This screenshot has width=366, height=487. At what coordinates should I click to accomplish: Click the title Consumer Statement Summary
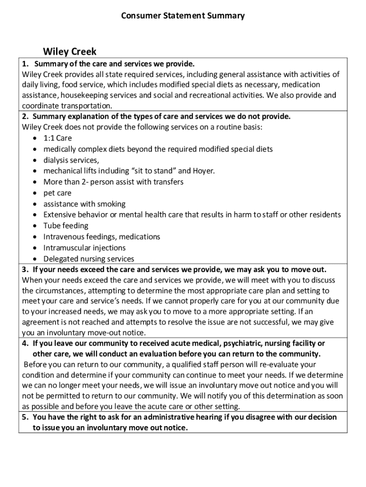tap(183, 16)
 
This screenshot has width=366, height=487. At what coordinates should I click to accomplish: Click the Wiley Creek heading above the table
tap(69, 51)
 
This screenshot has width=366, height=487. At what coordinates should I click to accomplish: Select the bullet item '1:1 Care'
tap(58, 138)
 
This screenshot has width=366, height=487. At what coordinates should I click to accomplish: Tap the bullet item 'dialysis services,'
tap(71, 160)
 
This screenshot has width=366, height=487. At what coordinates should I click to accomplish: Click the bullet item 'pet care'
tap(58, 193)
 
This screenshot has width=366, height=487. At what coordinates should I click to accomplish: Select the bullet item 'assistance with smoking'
tap(85, 204)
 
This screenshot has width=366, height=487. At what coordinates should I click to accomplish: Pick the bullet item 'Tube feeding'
tap(66, 226)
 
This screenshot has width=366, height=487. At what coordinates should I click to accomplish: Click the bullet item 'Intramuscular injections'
tap(85, 248)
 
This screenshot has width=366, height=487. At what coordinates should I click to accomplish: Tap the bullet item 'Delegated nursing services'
tap(89, 259)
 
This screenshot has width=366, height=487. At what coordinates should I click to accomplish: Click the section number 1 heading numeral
tap(25, 64)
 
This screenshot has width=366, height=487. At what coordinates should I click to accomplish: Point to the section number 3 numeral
tap(25, 269)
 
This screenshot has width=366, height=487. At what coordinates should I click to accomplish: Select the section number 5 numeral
tap(25, 417)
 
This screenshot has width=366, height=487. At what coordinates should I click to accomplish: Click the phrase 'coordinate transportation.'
tap(67, 106)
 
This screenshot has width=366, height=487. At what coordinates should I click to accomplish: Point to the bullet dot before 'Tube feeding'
tap(36, 226)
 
